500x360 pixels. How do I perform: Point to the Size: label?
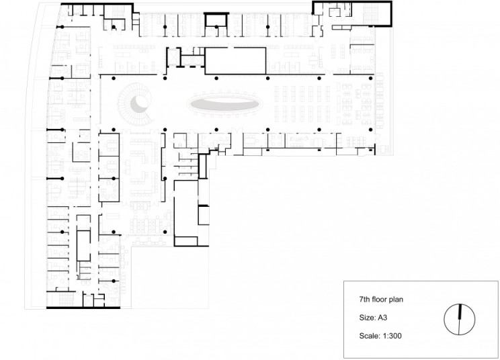coord(366,315)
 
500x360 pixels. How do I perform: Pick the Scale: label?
coord(368,332)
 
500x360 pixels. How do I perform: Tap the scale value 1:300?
coord(389,332)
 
